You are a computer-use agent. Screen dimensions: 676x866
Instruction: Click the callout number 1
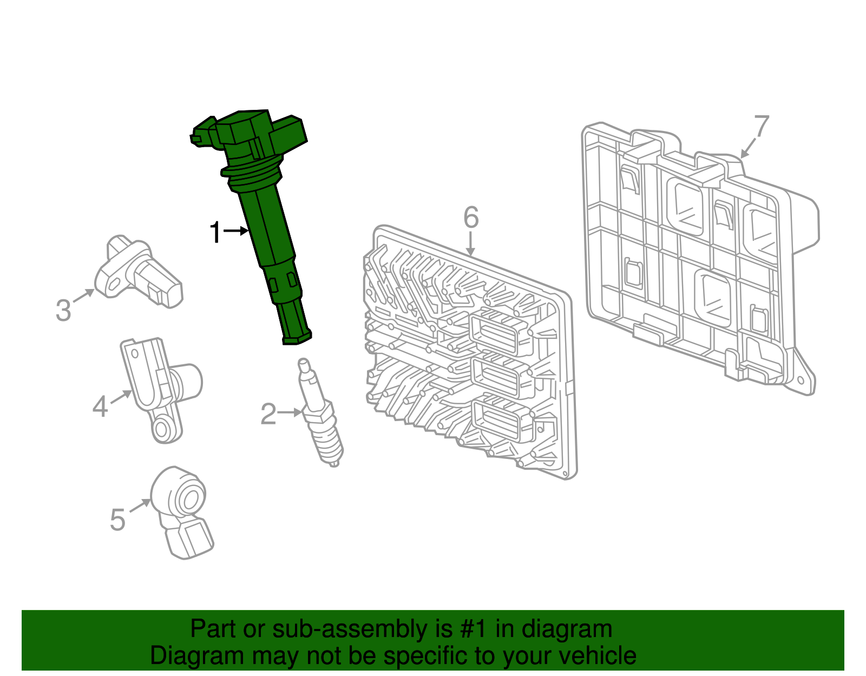215,233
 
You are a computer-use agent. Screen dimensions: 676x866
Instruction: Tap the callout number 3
63,311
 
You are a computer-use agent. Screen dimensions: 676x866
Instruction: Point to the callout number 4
100,406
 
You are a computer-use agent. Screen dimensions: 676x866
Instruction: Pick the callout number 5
117,520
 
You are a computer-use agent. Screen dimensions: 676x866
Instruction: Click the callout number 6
471,218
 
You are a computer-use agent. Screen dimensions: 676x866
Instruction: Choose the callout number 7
761,126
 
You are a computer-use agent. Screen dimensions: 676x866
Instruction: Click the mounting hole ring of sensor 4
162,429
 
